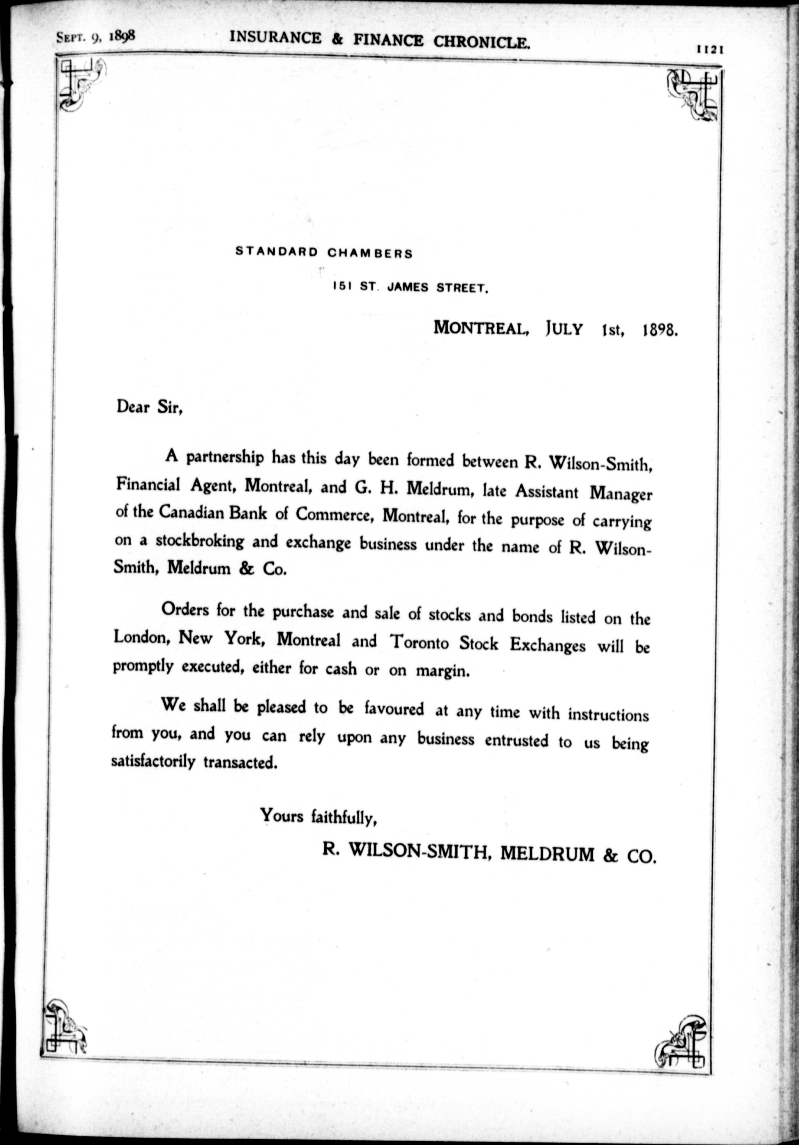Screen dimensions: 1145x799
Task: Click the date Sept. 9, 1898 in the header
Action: (96, 37)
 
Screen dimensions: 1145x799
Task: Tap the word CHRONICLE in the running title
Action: (481, 42)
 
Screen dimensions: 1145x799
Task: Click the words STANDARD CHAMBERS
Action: (324, 253)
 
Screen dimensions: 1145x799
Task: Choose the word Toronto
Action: (419, 643)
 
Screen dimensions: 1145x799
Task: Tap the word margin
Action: (443, 671)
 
